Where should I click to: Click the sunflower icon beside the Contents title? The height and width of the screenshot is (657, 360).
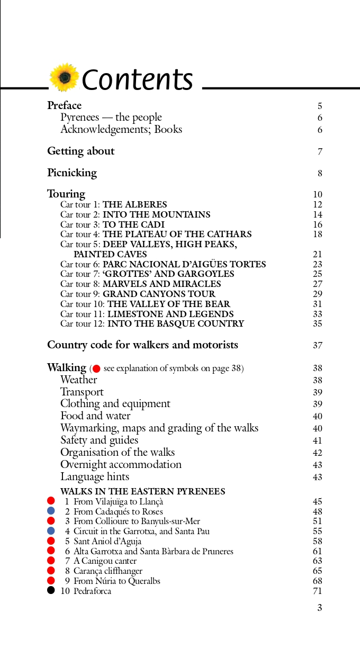point(64,78)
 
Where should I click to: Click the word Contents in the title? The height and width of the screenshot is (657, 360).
point(138,80)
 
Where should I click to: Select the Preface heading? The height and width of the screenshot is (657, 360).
point(64,105)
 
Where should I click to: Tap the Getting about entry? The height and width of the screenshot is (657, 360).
point(80,151)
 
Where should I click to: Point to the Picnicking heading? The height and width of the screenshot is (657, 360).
point(72,173)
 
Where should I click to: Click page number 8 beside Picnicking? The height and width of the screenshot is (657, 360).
point(320,173)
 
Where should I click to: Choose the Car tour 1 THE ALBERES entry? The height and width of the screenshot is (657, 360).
point(113,204)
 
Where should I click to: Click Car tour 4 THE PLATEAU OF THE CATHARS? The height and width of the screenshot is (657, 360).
point(156,234)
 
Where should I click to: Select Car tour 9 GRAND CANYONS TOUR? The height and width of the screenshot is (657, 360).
point(138,294)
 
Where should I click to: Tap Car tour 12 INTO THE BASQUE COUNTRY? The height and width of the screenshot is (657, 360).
point(152,323)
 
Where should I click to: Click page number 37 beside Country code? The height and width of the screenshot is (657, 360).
point(318,345)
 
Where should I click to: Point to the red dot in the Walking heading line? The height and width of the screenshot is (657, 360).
point(96,368)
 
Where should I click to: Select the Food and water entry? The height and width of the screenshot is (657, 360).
point(95,416)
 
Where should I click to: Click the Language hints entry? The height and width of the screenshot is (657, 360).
point(95,476)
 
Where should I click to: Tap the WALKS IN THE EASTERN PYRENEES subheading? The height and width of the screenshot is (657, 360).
point(142,491)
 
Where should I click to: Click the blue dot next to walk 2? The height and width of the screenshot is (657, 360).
point(51,511)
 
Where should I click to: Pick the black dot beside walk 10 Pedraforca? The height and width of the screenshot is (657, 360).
point(51,590)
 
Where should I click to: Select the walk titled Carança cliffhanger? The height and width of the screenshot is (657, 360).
point(108,571)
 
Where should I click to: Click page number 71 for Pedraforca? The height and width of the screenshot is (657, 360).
point(318,591)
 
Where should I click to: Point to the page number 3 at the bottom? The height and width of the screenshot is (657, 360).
point(319,608)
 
